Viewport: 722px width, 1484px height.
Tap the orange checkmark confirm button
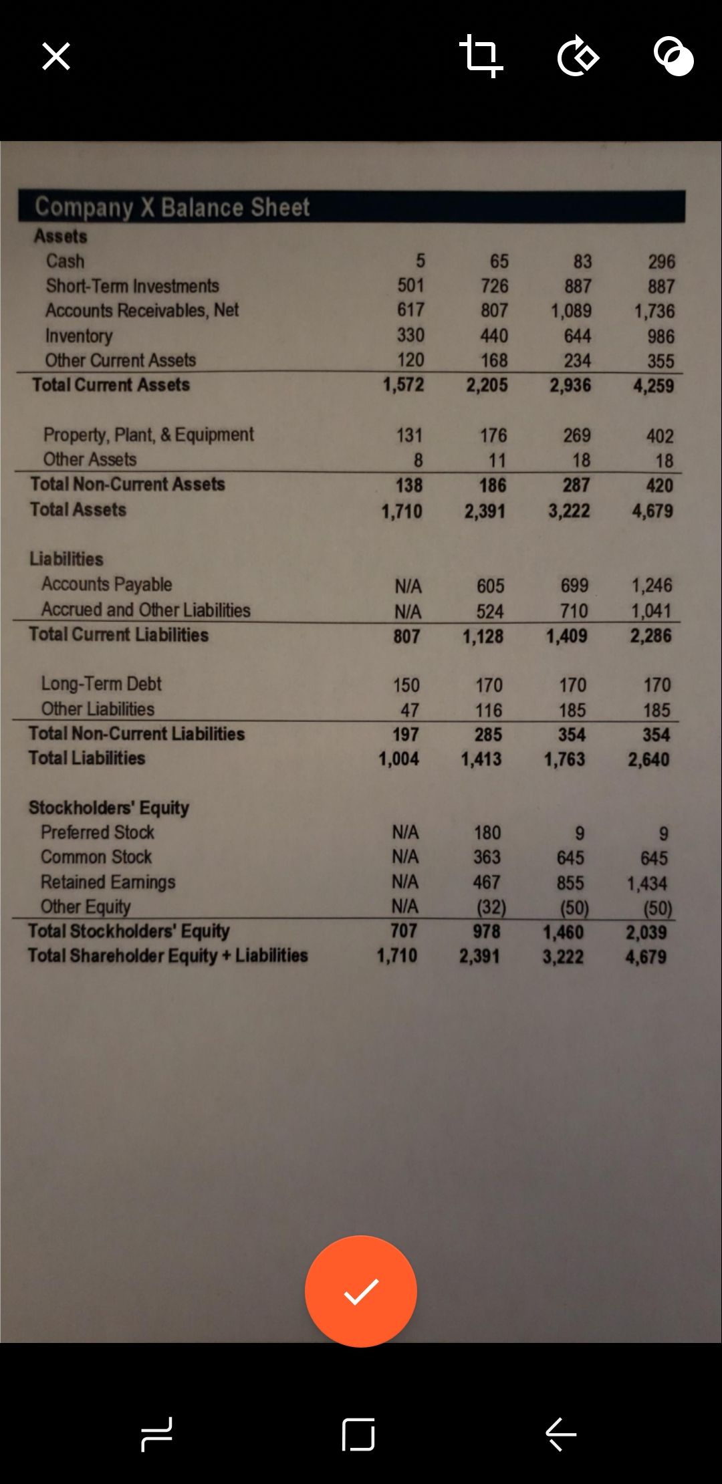(361, 1291)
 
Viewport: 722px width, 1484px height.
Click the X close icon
(56, 56)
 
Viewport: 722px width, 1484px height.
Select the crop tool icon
(481, 56)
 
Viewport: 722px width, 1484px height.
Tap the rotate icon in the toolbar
(578, 57)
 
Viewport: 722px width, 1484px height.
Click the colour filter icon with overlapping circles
(673, 57)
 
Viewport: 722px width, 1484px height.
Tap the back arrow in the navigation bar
(560, 1434)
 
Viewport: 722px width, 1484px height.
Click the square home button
(358, 1434)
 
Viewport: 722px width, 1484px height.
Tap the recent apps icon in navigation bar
(157, 1434)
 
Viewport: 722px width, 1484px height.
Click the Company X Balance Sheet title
(172, 207)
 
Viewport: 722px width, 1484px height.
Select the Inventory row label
(79, 336)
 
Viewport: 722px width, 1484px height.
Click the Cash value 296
(661, 261)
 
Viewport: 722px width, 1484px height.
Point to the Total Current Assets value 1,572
(403, 385)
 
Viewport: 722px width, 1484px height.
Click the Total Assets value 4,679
(652, 511)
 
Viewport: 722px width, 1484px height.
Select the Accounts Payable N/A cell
(408, 586)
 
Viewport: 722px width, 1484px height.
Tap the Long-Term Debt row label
(102, 684)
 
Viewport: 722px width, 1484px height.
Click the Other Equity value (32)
(491, 907)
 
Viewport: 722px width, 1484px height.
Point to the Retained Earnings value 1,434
(646, 884)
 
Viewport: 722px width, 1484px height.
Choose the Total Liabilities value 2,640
(648, 759)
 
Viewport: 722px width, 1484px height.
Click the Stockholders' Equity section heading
(109, 808)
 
